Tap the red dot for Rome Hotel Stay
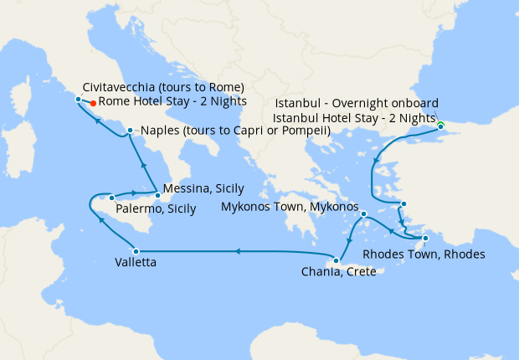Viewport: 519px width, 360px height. click(x=93, y=105)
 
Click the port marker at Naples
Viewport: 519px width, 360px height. click(x=130, y=131)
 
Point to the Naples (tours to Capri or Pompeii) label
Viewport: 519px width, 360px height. click(x=234, y=131)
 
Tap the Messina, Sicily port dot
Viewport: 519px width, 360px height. click(x=157, y=195)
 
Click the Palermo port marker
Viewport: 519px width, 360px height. click(x=110, y=199)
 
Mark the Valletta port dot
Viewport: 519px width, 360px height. click(x=135, y=250)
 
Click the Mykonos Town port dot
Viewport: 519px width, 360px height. click(x=364, y=214)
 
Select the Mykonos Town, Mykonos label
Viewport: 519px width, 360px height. click(x=290, y=207)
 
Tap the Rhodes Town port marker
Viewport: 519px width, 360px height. click(x=425, y=239)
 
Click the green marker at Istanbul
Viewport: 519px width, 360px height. click(x=440, y=126)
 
